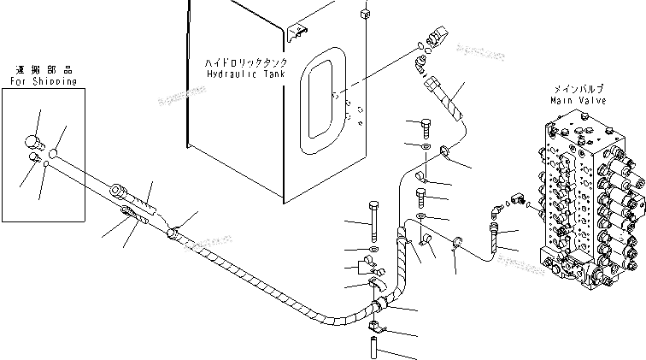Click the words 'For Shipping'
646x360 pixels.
(x=44, y=82)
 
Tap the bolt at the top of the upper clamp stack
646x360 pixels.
(x=426, y=127)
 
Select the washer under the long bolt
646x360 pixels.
(x=374, y=249)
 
